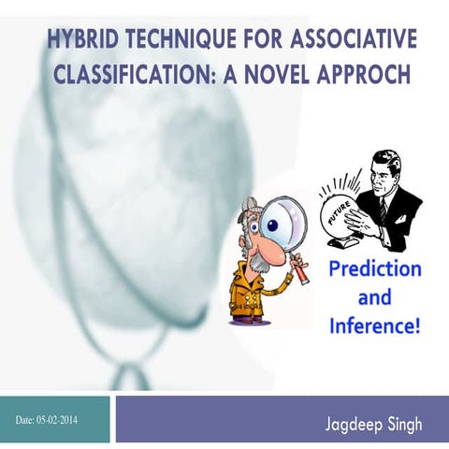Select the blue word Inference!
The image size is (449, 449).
pyautogui.click(x=374, y=326)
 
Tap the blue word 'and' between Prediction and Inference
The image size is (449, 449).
pyautogui.click(x=374, y=298)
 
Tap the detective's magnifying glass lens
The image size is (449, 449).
pyautogui.click(x=283, y=221)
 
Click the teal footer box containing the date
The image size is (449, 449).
pyautogui.click(x=56, y=419)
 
